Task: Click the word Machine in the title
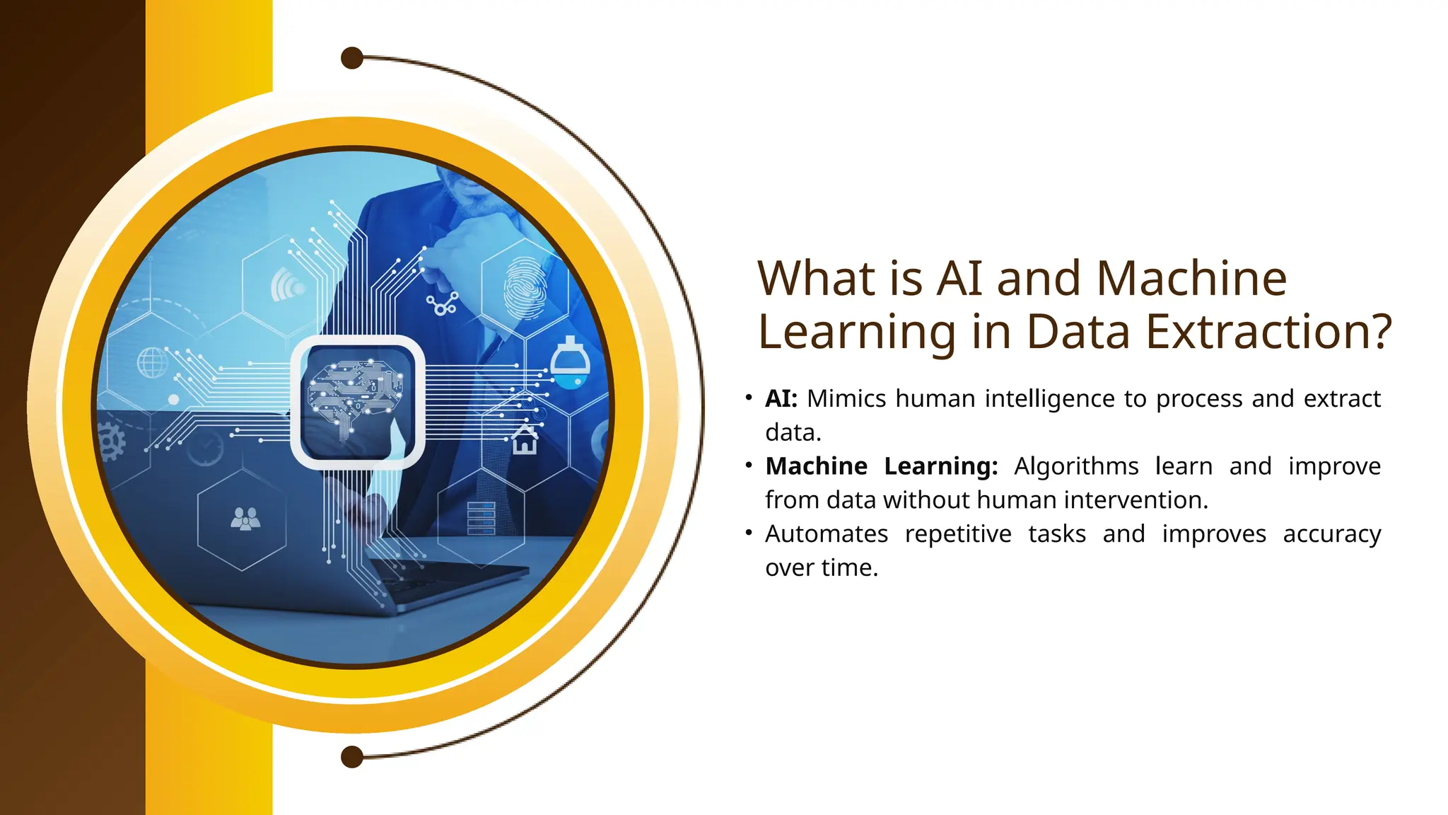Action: click(x=1191, y=279)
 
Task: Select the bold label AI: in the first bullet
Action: click(x=781, y=399)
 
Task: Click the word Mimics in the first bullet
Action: click(x=846, y=399)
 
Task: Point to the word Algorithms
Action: click(x=1076, y=467)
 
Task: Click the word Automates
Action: click(x=827, y=534)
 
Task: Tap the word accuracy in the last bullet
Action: click(x=1332, y=534)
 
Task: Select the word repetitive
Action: click(x=958, y=534)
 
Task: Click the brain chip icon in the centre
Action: click(x=357, y=402)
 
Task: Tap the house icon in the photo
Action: click(x=525, y=439)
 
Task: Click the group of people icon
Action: click(x=245, y=519)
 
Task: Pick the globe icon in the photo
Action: click(x=152, y=363)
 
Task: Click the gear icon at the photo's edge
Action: click(x=111, y=442)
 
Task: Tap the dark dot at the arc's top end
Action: click(x=352, y=58)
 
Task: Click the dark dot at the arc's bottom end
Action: click(x=352, y=757)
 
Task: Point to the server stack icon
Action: click(x=481, y=517)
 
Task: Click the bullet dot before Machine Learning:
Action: click(x=749, y=466)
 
